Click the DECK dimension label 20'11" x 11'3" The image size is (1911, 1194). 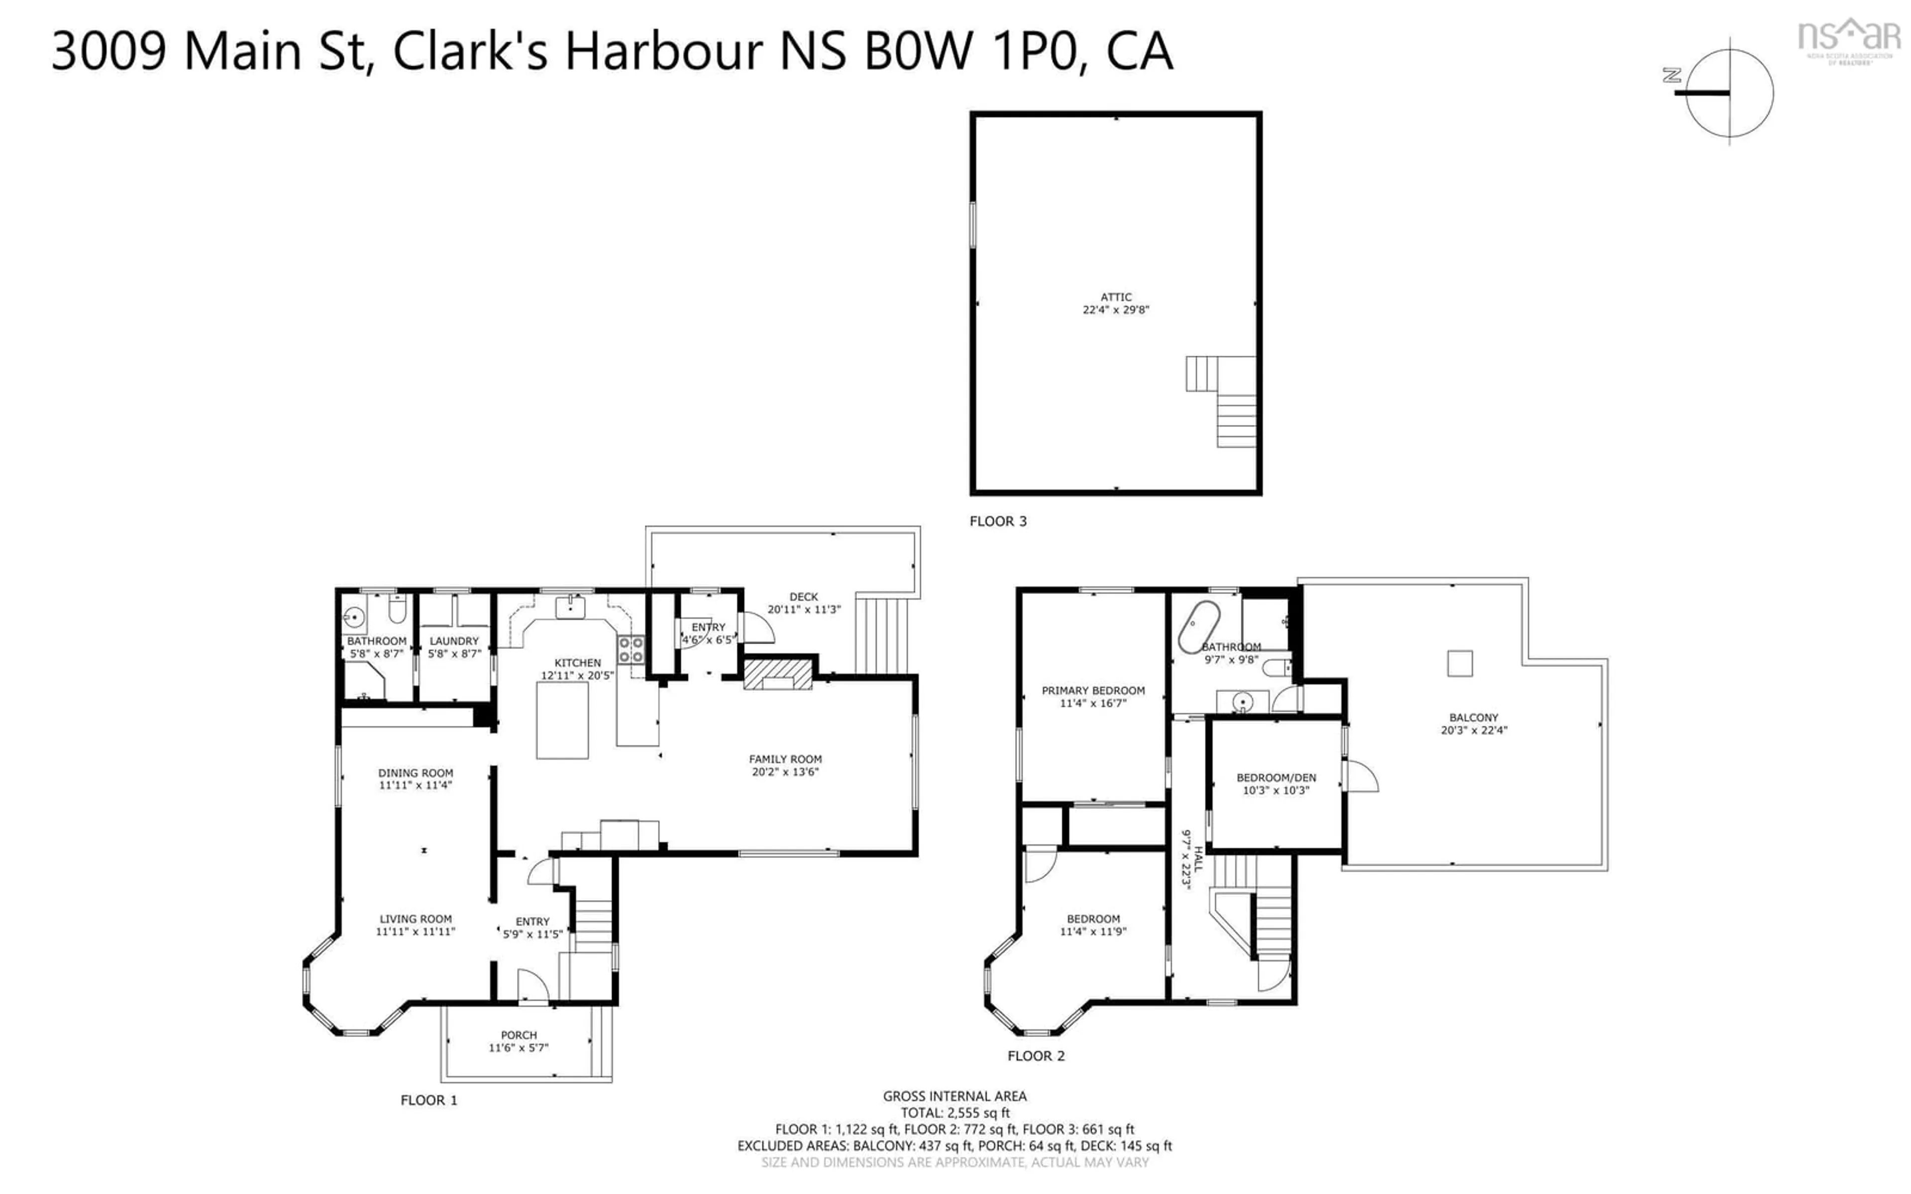click(x=804, y=609)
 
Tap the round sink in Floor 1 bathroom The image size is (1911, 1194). click(x=354, y=616)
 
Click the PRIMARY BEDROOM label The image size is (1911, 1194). click(x=1092, y=690)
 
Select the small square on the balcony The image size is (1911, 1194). click(x=1459, y=663)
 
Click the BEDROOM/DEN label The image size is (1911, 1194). click(x=1276, y=778)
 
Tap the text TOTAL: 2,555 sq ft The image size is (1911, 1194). click(x=955, y=1113)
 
